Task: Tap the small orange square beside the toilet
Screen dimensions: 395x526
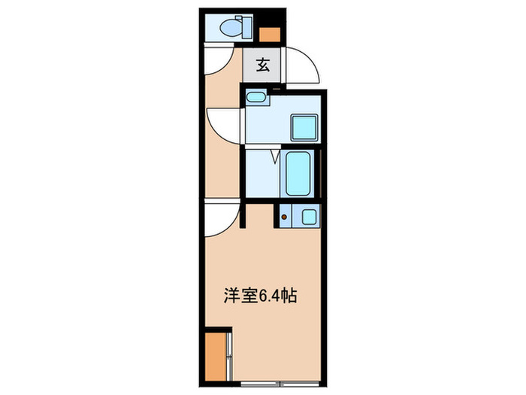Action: [x=270, y=33]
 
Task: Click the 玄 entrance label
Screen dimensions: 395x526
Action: [x=263, y=65]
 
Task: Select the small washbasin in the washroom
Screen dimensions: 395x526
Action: [x=255, y=97]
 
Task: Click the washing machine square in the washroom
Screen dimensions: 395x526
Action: [x=304, y=126]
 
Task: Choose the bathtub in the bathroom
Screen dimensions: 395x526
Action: [x=300, y=172]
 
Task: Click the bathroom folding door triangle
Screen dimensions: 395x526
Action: [x=275, y=157]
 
